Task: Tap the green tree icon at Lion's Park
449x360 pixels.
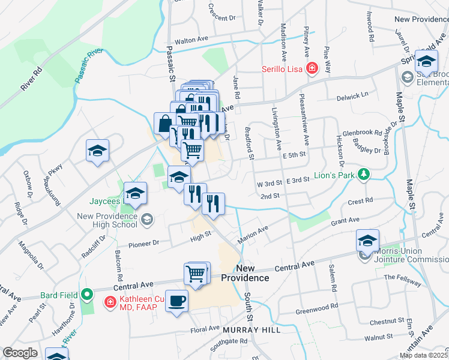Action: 363,175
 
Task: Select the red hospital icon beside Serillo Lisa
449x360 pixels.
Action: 312,69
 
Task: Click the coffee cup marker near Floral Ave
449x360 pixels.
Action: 176,301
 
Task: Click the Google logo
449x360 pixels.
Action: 20,353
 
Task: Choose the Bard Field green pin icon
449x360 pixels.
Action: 88,295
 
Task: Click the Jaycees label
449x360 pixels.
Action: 105,201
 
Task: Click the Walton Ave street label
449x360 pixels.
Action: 191,40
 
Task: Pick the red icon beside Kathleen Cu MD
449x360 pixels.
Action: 110,301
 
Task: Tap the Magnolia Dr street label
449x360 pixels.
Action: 32,260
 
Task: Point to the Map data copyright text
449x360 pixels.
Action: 423,355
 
